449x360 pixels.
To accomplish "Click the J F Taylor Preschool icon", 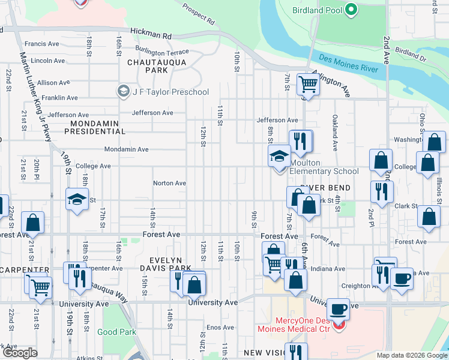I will click(124, 91).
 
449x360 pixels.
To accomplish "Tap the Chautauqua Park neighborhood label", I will click(157, 66).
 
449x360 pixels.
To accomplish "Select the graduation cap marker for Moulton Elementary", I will click(279, 157).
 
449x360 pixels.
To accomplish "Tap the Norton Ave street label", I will click(169, 183).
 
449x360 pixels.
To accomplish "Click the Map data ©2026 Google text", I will click(411, 355).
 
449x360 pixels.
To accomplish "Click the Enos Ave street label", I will click(216, 327).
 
